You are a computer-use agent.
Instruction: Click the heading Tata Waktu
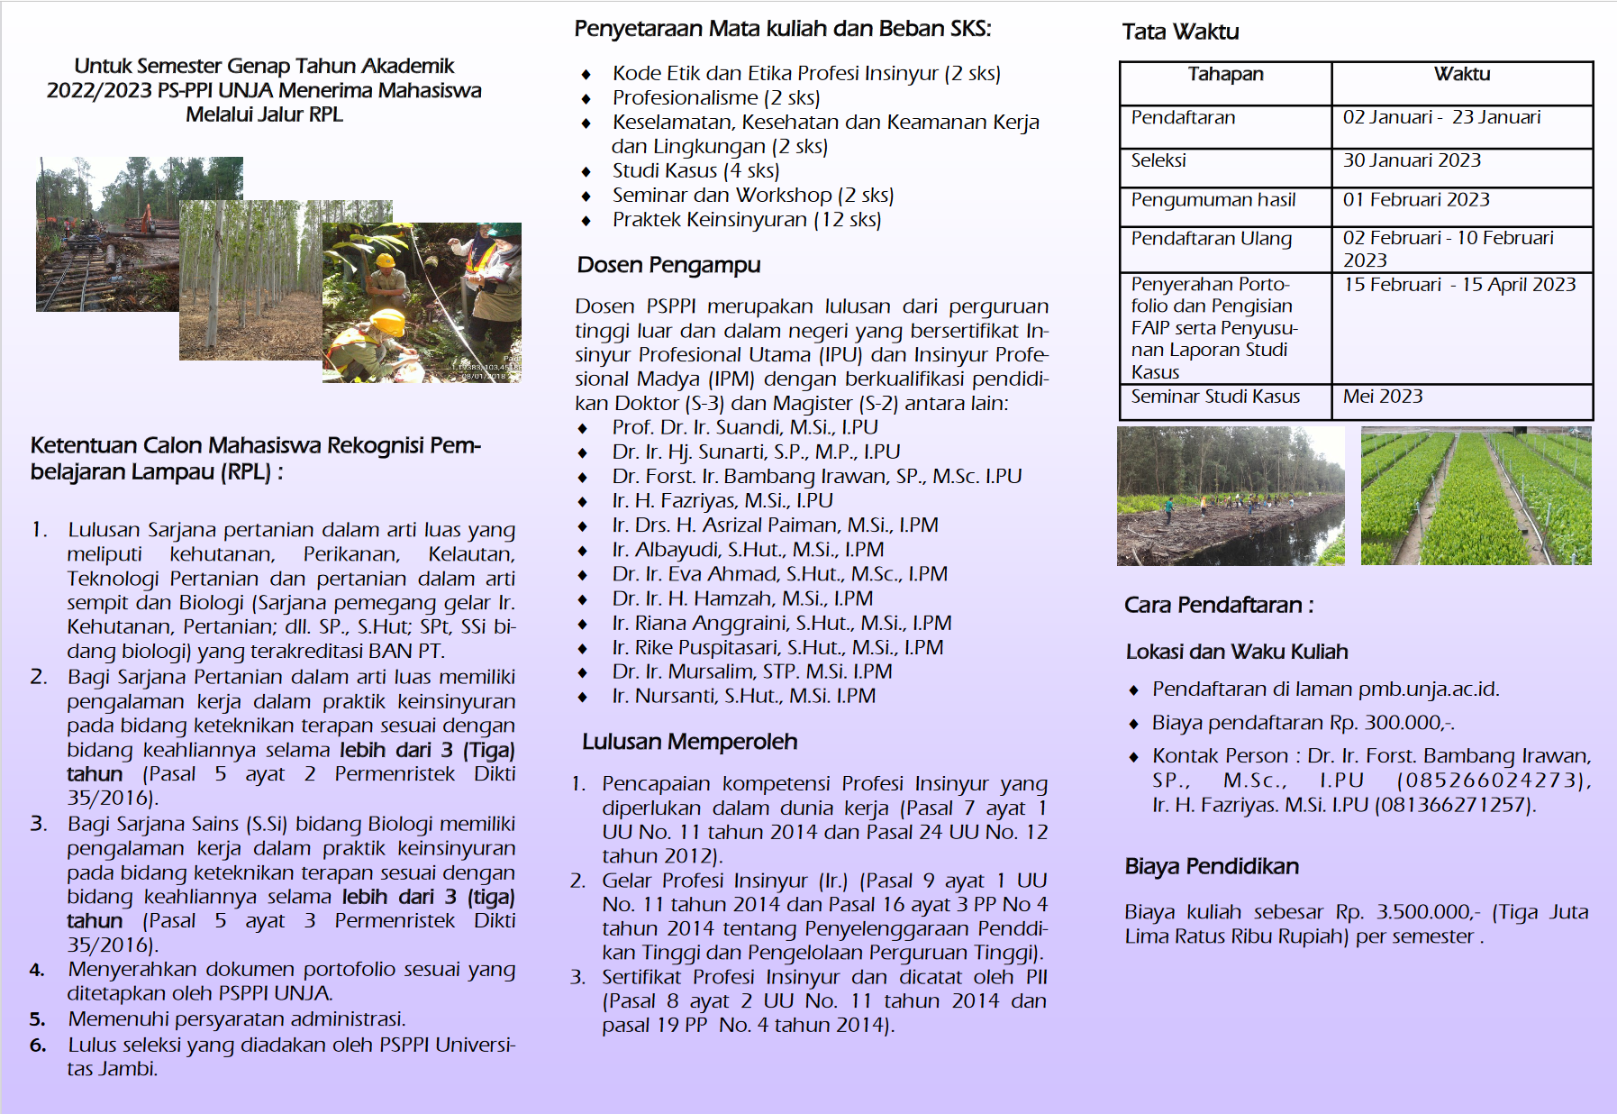(1180, 32)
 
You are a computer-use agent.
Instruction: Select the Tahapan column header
(1225, 75)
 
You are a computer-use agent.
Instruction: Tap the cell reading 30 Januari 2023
(1412, 160)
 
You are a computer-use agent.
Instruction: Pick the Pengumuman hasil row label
(1213, 200)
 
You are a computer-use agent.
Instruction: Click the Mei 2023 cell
(1383, 397)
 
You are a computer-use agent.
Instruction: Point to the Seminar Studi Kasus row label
(1215, 397)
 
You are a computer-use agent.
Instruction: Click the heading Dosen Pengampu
(668, 265)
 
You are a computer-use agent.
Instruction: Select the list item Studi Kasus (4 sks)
(695, 171)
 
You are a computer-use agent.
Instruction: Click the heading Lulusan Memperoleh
(689, 742)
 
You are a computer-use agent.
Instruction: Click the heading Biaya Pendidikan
(1212, 867)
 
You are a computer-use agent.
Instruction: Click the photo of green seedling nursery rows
(1476, 497)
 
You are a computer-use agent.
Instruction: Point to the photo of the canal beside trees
(1231, 497)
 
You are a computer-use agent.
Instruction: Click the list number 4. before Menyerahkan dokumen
(37, 971)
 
